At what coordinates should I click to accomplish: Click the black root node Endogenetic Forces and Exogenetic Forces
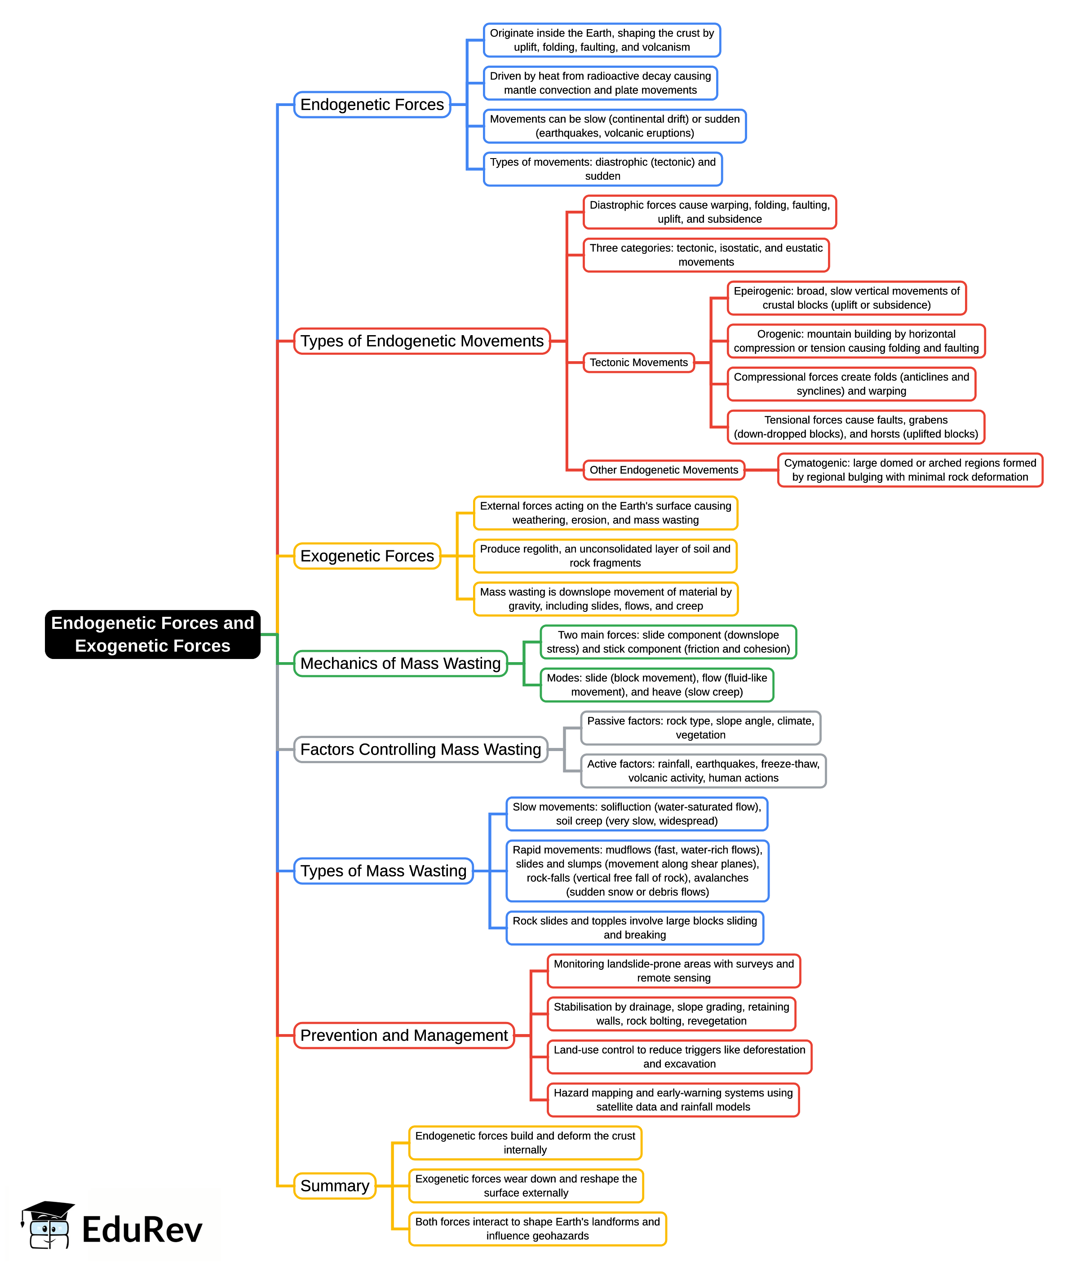point(152,634)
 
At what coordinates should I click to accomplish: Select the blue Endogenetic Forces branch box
point(372,105)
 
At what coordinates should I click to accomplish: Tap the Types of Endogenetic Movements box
point(421,341)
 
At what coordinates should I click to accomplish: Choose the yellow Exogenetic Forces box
point(367,556)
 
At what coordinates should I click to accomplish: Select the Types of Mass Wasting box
point(383,871)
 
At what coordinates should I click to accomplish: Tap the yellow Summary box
point(334,1186)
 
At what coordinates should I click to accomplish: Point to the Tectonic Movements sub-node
point(638,363)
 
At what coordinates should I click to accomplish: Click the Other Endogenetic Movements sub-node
point(663,470)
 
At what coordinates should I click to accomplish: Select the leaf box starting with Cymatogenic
point(910,470)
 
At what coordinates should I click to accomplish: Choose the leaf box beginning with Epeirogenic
point(846,298)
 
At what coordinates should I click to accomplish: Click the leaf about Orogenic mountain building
point(856,341)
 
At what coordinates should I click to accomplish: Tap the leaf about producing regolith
point(605,556)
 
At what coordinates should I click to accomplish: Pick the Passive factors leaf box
point(700,728)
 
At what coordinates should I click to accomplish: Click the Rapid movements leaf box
point(637,871)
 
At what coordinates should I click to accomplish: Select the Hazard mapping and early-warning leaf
point(673,1100)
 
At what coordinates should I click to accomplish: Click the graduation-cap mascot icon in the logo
point(48,1225)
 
